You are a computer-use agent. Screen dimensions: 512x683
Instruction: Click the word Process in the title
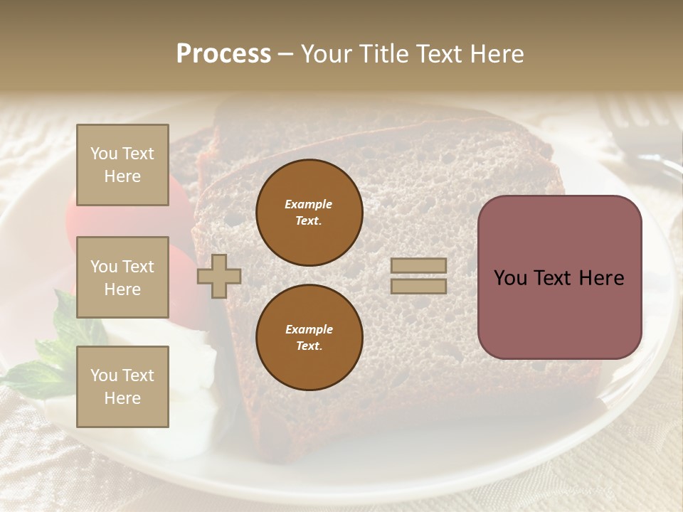point(223,54)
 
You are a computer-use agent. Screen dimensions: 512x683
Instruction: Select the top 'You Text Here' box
point(122,165)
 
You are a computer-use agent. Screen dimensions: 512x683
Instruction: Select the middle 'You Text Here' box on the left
point(122,277)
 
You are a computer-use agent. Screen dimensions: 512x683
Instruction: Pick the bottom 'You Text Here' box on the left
point(122,386)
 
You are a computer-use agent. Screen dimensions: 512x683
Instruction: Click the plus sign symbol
point(219,276)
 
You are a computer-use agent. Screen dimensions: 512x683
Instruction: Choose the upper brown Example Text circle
point(309,212)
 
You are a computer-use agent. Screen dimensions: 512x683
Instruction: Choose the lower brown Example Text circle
point(309,337)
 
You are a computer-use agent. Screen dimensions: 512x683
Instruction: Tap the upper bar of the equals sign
point(418,265)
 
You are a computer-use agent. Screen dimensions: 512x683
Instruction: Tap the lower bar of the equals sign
point(418,286)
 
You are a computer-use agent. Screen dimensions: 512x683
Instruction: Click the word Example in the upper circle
point(309,204)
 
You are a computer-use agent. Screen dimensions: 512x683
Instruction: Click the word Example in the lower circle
point(309,329)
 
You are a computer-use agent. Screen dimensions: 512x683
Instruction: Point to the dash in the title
point(285,55)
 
